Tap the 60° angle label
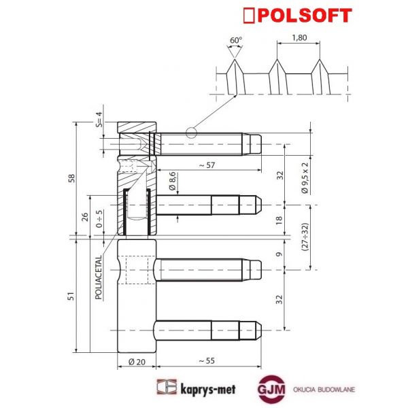pos(235,41)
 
